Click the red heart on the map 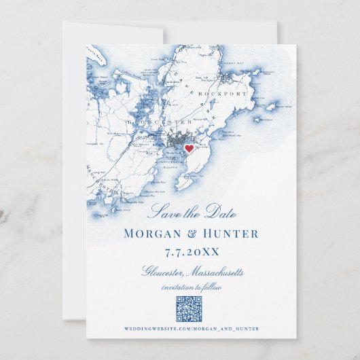point(189,149)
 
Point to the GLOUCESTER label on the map point(160,122)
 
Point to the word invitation point(179,287)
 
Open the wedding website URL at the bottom point(192,329)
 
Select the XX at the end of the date point(212,252)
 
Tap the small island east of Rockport point(272,106)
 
